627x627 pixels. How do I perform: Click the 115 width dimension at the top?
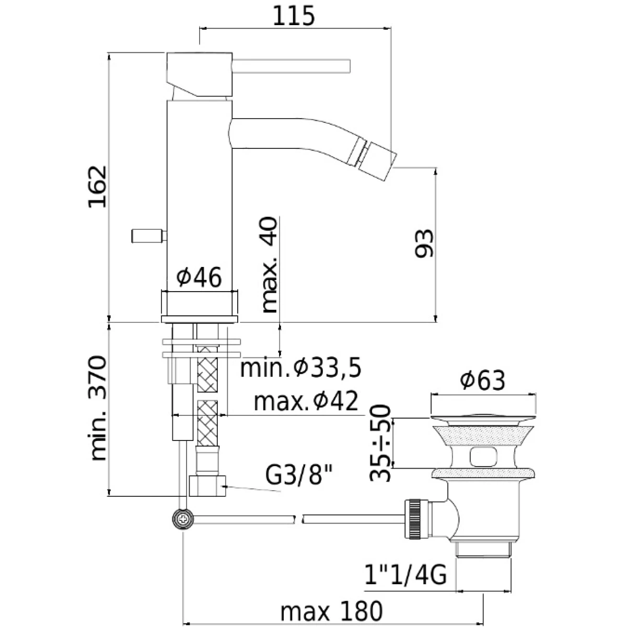click(x=294, y=16)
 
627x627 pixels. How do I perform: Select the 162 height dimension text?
click(x=97, y=187)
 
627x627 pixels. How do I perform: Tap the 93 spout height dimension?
click(x=424, y=243)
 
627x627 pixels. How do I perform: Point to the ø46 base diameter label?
click(x=199, y=277)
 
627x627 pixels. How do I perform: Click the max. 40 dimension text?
click(x=270, y=264)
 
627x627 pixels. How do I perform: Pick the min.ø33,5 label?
click(x=300, y=369)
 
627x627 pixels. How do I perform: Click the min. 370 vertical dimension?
click(x=98, y=408)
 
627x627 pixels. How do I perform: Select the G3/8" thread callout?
click(x=298, y=475)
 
